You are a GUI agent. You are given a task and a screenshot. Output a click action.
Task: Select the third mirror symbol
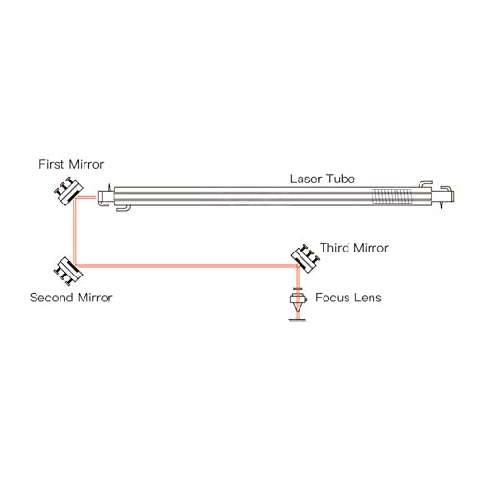302,255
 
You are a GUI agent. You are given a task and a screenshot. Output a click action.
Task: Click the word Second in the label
51,298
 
